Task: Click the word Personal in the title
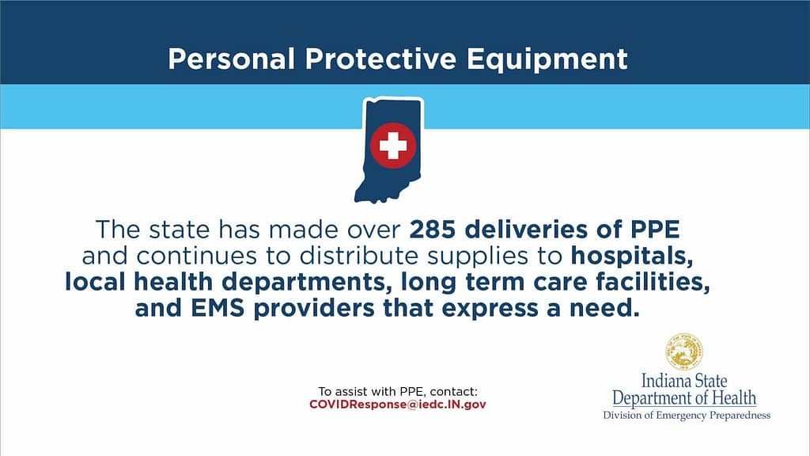click(232, 59)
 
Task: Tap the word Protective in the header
click(380, 59)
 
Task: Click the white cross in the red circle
click(393, 146)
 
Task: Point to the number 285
click(433, 230)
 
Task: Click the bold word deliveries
click(526, 230)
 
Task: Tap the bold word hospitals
click(632, 256)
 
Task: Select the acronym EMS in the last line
click(218, 308)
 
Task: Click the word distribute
click(358, 256)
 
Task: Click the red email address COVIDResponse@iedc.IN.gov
click(398, 405)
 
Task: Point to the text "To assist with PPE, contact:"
click(398, 391)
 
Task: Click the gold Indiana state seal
click(684, 351)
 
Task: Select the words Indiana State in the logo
click(684, 381)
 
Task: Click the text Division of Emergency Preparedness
click(687, 415)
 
